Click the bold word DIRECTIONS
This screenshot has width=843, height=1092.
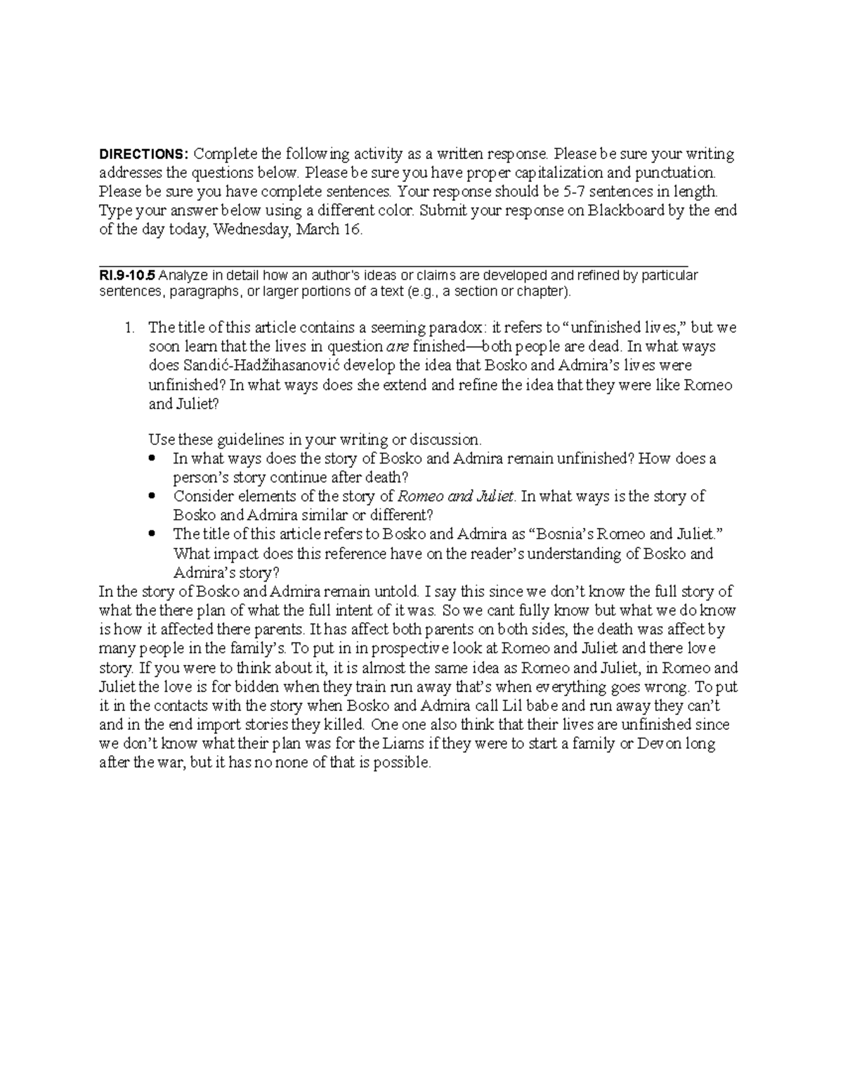coord(144,155)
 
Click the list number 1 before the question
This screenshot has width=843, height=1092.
coord(128,328)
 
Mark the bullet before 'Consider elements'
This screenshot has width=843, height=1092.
coord(152,496)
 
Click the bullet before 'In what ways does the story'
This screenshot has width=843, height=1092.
coord(152,459)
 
